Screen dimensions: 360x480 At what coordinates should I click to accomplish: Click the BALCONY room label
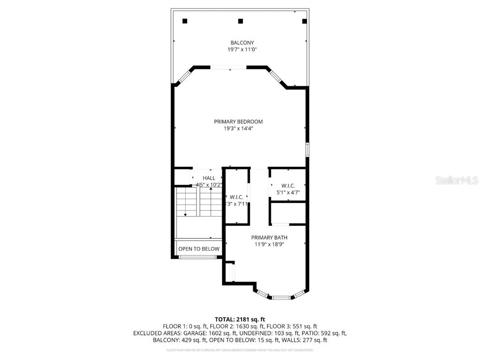tap(242, 43)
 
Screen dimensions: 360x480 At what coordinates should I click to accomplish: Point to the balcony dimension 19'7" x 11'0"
tap(242, 49)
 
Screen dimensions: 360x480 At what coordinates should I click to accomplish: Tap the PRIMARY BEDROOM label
tap(238, 121)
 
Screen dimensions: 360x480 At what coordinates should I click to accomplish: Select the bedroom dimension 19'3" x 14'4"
tap(238, 128)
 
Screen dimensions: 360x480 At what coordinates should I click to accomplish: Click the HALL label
tap(209, 178)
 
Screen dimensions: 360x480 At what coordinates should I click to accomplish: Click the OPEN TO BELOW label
tap(199, 249)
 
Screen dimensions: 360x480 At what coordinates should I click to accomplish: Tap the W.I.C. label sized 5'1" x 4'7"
tap(288, 186)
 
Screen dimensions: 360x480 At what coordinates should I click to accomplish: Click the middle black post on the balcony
tap(240, 21)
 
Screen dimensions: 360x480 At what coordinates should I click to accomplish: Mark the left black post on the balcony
tap(185, 21)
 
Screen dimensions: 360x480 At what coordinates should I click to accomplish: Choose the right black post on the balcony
tap(304, 21)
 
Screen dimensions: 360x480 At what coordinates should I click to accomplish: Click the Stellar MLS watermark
tap(456, 180)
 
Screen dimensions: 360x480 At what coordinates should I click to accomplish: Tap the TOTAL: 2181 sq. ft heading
tap(240, 319)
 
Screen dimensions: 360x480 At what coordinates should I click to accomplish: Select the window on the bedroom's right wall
tap(307, 150)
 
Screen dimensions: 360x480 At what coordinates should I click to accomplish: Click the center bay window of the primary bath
tap(281, 297)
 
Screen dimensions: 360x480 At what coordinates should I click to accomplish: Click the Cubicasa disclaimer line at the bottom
tap(240, 350)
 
